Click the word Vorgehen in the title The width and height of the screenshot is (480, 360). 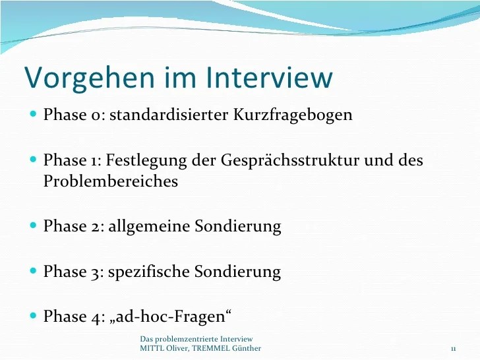click(90, 78)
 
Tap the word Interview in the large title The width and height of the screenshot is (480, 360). click(270, 76)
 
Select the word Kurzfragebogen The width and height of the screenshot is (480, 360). click(293, 115)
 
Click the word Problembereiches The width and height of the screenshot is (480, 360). click(111, 181)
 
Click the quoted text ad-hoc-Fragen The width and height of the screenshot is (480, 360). click(170, 316)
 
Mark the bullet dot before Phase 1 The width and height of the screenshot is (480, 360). click(34, 160)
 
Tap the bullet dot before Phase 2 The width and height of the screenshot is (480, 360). click(34, 225)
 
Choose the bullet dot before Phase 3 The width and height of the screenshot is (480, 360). click(34, 271)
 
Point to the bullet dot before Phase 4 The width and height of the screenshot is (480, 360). click(34, 316)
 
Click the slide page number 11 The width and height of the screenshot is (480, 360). click(454, 349)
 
